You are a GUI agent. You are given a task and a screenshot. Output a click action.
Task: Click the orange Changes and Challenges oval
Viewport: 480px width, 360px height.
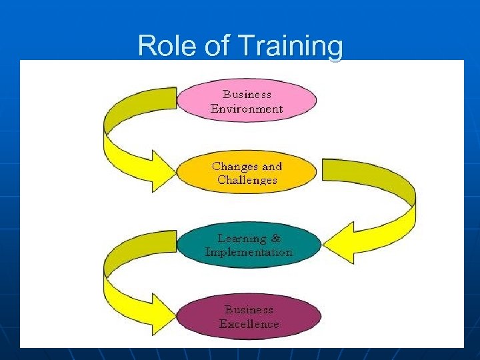tap(247, 173)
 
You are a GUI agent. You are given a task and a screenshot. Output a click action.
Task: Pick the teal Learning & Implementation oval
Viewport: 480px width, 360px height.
tap(249, 245)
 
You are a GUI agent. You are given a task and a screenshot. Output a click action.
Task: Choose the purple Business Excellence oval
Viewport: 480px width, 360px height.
tap(249, 317)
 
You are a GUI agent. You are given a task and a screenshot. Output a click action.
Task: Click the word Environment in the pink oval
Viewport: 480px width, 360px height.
tap(247, 109)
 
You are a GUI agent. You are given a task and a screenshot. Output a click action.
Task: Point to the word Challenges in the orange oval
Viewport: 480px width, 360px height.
tap(247, 180)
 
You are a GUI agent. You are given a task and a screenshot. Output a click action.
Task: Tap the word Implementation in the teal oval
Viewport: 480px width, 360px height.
tap(249, 252)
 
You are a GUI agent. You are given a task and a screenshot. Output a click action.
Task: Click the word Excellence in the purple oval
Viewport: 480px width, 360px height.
tap(249, 324)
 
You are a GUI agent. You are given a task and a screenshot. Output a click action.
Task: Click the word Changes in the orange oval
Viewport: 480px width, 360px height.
tap(231, 166)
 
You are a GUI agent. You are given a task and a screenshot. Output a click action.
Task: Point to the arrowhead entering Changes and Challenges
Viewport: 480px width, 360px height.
tap(162, 171)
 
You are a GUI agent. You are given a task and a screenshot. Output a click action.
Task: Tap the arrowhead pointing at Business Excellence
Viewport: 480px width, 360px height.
tap(162, 313)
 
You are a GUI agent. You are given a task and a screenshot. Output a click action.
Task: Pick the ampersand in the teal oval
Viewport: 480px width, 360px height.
tap(276, 238)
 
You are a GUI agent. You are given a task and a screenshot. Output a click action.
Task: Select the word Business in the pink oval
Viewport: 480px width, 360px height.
tap(247, 95)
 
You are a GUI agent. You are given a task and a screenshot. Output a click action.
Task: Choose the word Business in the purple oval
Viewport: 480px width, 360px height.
tap(249, 309)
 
